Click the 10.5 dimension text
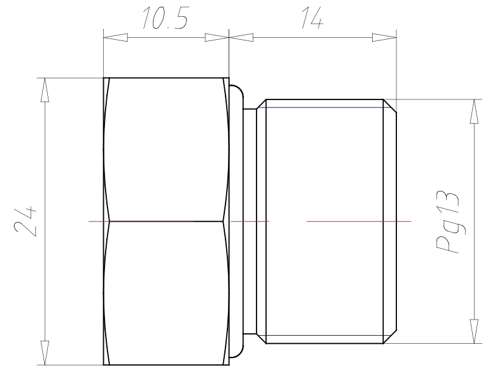pyautogui.click(x=165, y=18)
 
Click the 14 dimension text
pyautogui.click(x=312, y=18)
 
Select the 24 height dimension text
pyautogui.click(x=25, y=221)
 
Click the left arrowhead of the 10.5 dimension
pyautogui.click(x=116, y=37)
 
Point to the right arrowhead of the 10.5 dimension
pyautogui.click(x=217, y=37)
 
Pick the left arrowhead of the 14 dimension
pyautogui.click(x=241, y=37)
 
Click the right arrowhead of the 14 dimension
pyautogui.click(x=384, y=37)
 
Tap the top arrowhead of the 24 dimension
pyautogui.click(x=45, y=90)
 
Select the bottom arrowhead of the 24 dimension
pyautogui.click(x=45, y=352)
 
